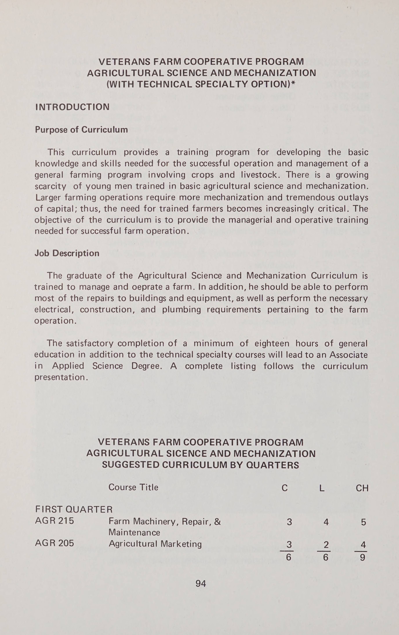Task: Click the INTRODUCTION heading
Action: (72, 107)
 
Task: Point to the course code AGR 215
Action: (54, 521)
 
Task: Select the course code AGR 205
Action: (54, 543)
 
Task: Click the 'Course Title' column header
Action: (133, 487)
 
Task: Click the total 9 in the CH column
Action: (363, 558)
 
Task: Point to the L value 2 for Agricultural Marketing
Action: (326, 545)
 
